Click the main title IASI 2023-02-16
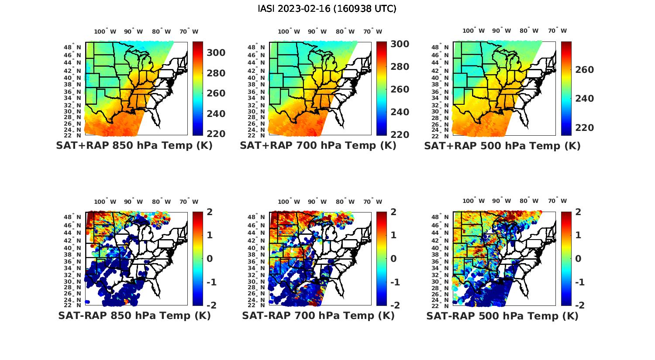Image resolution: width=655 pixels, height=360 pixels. coord(327,9)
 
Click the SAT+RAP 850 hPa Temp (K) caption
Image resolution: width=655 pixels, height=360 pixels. coord(134,146)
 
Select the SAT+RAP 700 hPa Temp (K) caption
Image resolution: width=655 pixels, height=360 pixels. coord(318,146)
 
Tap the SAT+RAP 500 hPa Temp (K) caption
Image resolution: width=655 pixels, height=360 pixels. coord(502,146)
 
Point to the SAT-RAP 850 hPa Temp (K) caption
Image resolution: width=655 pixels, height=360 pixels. coord(134,315)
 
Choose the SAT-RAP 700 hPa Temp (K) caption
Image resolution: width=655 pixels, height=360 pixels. coord(318,315)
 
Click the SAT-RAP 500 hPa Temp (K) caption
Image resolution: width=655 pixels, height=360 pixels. coord(502,315)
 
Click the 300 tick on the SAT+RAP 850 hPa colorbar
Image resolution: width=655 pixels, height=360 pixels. coord(216,53)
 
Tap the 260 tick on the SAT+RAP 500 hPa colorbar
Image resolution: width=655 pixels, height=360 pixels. coord(585,70)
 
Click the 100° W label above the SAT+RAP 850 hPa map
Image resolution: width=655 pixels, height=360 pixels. coord(105,31)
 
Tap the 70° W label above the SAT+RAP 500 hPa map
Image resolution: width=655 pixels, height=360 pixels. coord(557,31)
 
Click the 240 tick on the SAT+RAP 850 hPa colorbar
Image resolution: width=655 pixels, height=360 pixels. coord(216,114)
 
